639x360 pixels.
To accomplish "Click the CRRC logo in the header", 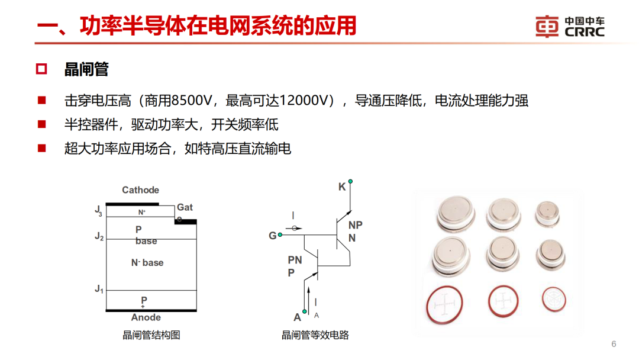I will click(570, 27).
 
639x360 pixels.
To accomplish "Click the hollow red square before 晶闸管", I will click(41, 69).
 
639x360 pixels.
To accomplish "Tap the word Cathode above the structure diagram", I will click(140, 190).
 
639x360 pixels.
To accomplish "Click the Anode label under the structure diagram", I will click(146, 317).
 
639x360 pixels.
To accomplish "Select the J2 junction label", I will click(99, 236).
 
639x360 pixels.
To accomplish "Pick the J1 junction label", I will click(99, 289).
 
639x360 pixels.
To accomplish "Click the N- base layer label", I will click(147, 262).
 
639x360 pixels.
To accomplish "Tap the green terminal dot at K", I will click(351, 181).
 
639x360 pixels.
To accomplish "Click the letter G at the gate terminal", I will click(272, 236).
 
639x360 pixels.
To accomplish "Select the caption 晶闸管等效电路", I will click(315, 335).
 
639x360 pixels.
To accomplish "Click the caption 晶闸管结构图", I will click(151, 335).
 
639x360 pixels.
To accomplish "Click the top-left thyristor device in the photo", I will click(455, 213).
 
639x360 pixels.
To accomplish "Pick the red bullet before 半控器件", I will click(41, 124).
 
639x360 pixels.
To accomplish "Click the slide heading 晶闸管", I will click(86, 69).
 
